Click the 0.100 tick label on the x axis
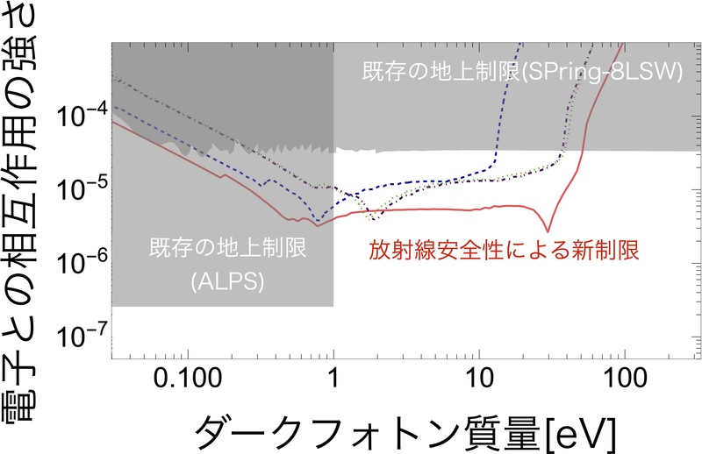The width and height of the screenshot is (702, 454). [x=188, y=380]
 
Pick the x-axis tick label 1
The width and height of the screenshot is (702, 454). [x=333, y=380]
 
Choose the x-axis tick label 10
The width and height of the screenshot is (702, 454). [x=479, y=380]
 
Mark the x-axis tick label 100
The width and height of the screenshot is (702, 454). [x=625, y=380]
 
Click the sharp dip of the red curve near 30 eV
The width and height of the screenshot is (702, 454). [x=548, y=231]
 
